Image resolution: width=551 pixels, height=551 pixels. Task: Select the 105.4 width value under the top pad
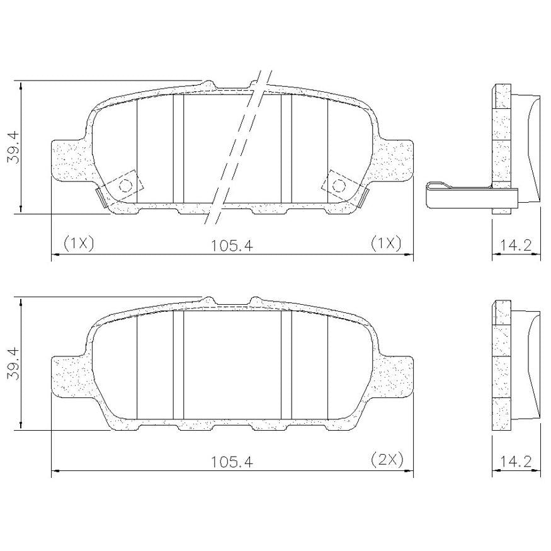[x=232, y=246]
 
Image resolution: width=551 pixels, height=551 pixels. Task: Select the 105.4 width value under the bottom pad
[x=232, y=462]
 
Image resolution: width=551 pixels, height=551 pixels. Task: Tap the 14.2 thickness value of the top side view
[x=516, y=245]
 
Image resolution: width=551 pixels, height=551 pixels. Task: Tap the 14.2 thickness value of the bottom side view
[x=516, y=462]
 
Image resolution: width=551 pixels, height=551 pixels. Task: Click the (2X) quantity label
[x=387, y=459]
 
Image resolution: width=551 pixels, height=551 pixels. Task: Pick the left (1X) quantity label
[x=78, y=243]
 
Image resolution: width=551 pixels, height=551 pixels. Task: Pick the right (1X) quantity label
[x=386, y=243]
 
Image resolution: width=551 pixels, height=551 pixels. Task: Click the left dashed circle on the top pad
[x=125, y=185]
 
